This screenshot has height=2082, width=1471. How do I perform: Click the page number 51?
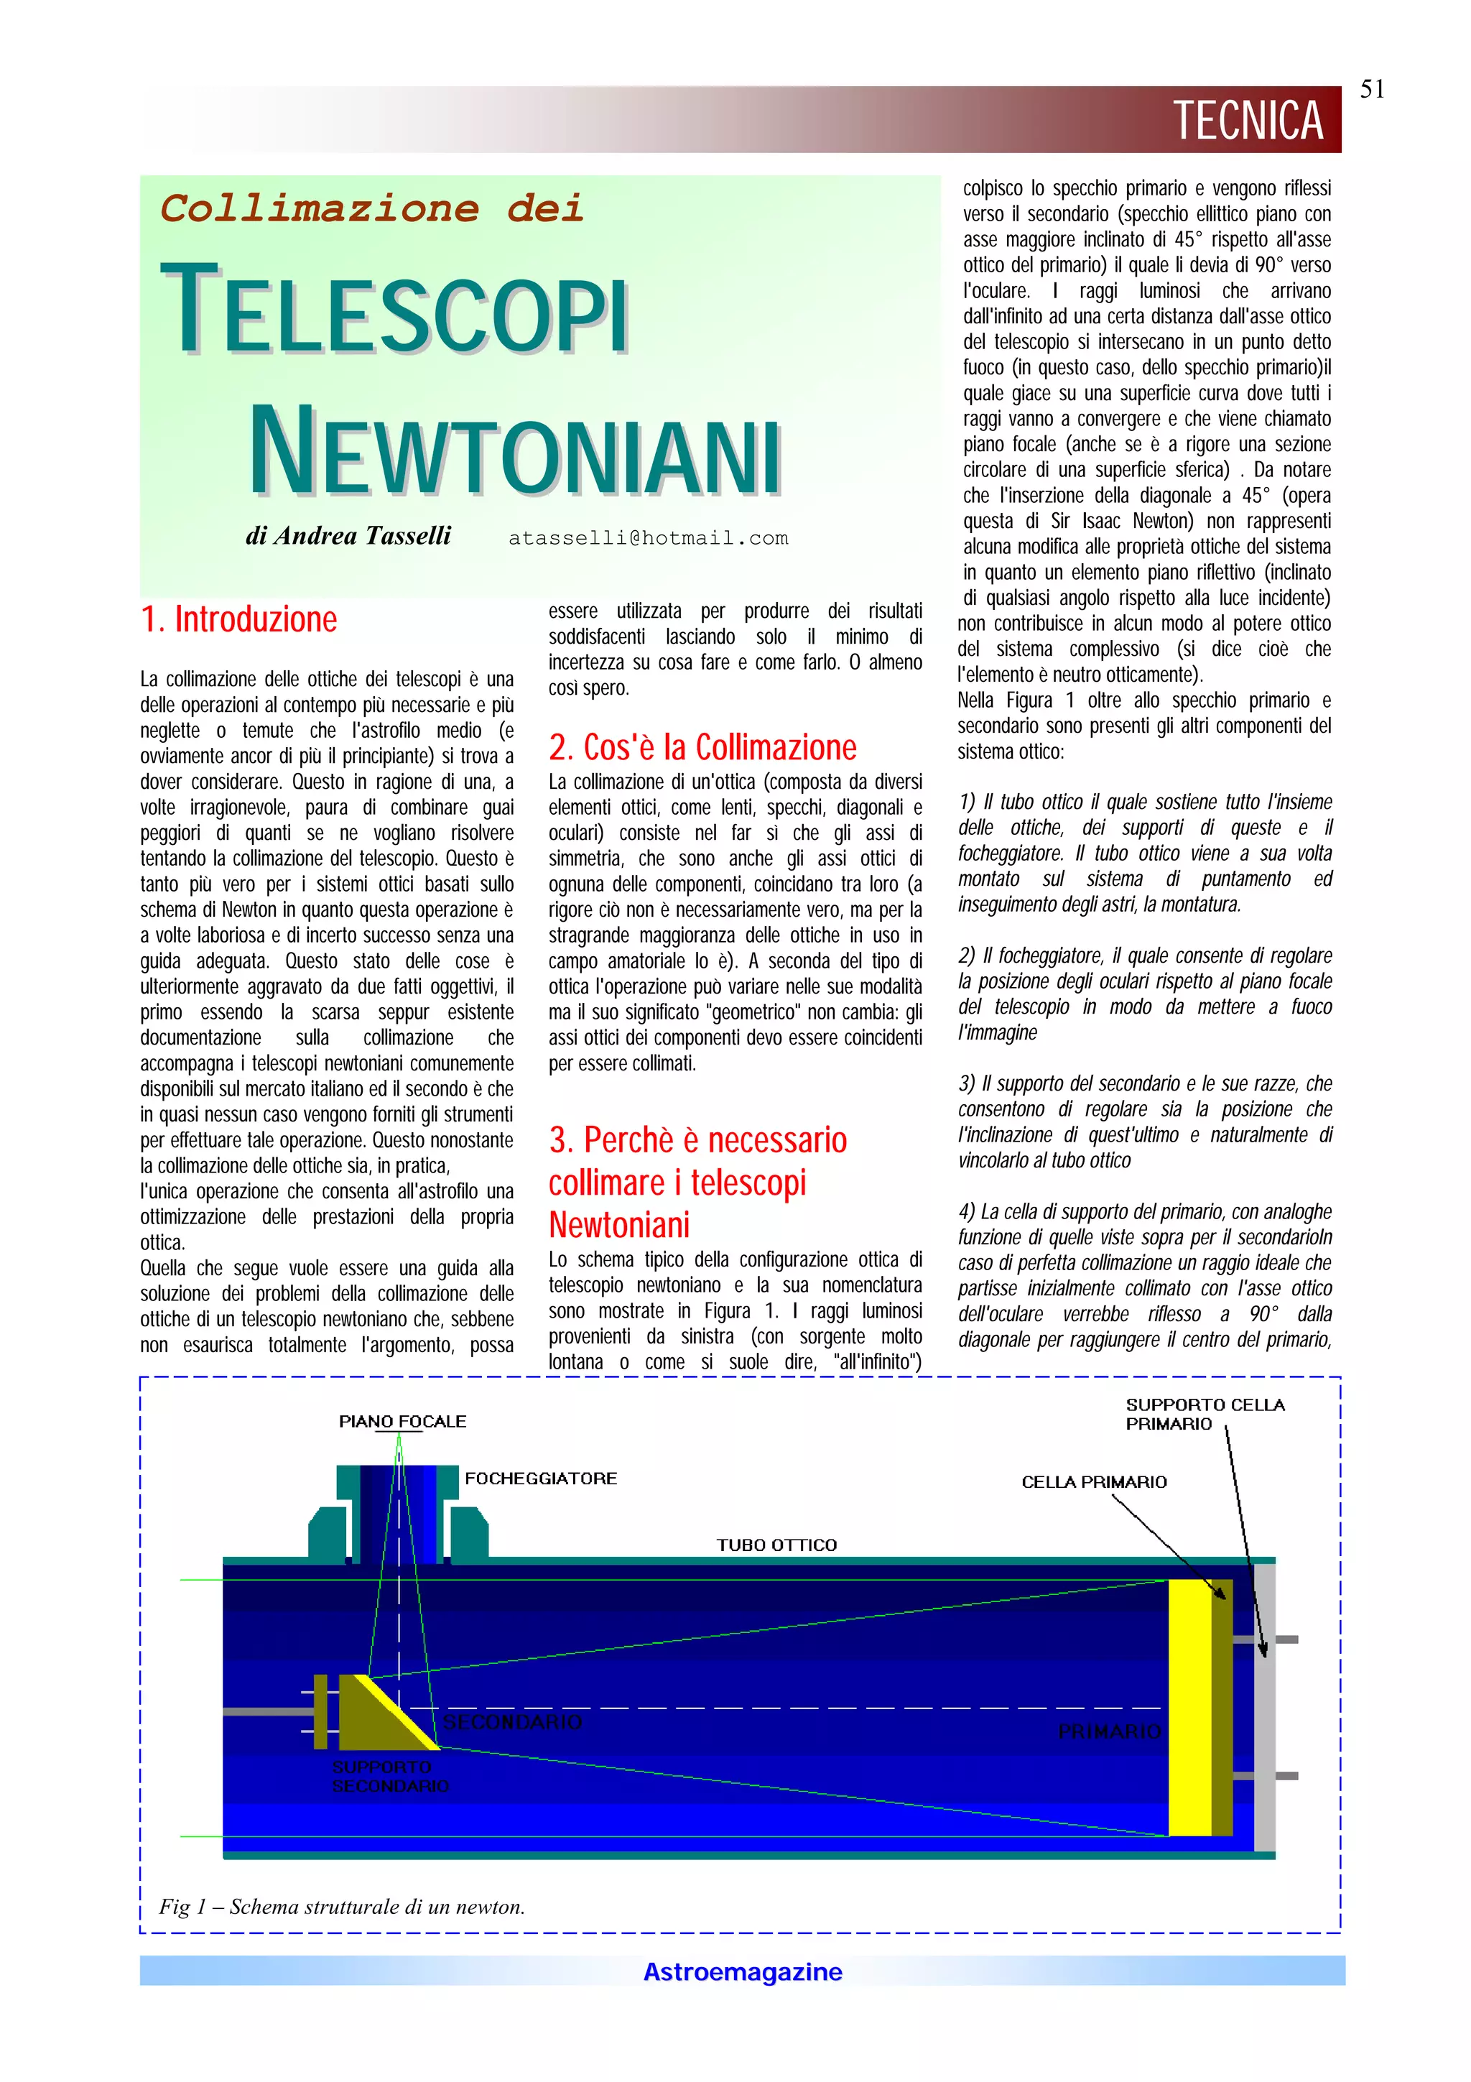coord(1371,89)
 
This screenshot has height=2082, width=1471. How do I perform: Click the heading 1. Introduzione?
coord(239,619)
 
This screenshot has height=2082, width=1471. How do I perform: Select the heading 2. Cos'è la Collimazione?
coord(702,747)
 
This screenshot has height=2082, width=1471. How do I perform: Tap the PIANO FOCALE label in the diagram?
coord(402,1421)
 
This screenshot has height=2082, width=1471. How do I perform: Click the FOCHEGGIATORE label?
coord(541,1478)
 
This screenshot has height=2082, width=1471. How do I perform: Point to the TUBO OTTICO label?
coord(776,1545)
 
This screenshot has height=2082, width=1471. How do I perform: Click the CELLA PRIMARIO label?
coord(1094,1481)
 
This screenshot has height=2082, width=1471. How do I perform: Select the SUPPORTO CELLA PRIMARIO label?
coord(1205,1414)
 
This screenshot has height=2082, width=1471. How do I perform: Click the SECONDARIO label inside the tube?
coord(512,1721)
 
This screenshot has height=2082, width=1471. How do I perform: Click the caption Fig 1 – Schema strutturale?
coord(342,1906)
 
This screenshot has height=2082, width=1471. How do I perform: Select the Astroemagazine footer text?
coord(742,1971)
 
